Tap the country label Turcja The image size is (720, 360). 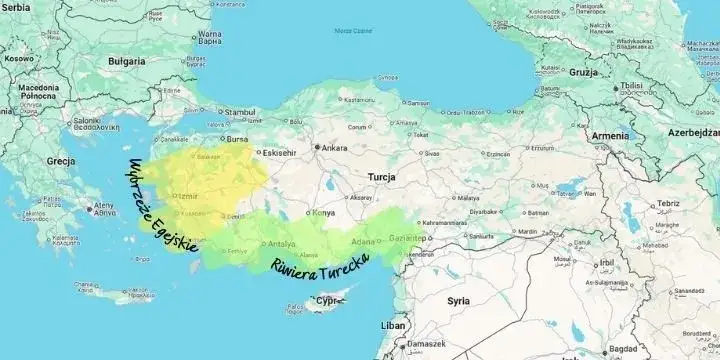[381, 176]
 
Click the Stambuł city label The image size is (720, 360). [240, 111]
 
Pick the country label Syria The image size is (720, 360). [458, 299]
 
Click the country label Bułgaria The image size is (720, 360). [126, 60]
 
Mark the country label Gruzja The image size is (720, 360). [583, 73]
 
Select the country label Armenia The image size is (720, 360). [610, 135]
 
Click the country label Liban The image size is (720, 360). [394, 326]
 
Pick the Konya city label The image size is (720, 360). [324, 213]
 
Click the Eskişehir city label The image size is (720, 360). [278, 153]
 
